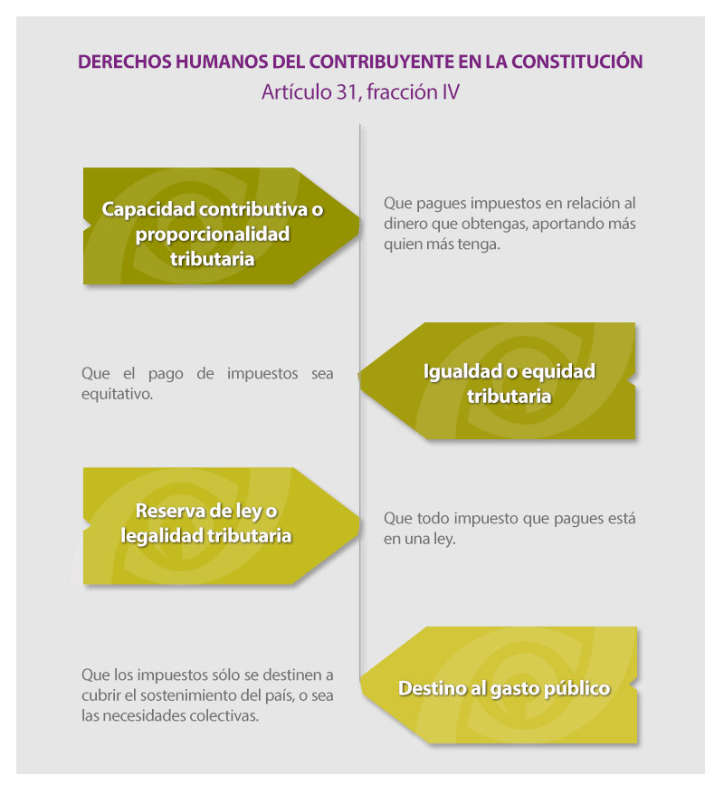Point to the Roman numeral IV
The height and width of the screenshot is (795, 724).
pyautogui.click(x=451, y=92)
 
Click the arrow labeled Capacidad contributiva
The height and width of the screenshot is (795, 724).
pyautogui.click(x=221, y=225)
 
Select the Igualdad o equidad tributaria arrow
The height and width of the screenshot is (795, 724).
pyautogui.click(x=497, y=381)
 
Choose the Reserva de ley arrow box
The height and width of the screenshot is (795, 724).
pyautogui.click(x=221, y=526)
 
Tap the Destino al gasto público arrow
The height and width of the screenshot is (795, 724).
pyautogui.click(x=499, y=685)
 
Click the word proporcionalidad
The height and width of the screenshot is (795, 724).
pyautogui.click(x=213, y=235)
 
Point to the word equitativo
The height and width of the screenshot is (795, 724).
pyautogui.click(x=117, y=394)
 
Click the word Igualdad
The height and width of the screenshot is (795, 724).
pyautogui.click(x=462, y=372)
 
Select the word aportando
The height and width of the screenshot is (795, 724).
pyautogui.click(x=565, y=224)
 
